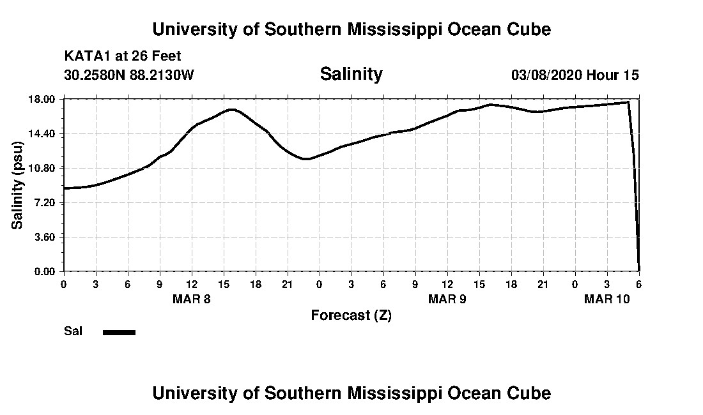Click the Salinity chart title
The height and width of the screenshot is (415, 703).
(351, 74)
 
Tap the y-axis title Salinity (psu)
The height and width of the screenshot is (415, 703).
(18, 185)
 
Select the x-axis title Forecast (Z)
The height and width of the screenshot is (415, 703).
(351, 315)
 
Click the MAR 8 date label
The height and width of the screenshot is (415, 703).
(192, 299)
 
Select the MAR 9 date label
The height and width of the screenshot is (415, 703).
(447, 299)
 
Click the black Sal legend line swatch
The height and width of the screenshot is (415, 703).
(119, 332)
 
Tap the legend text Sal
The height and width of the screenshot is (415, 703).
(72, 331)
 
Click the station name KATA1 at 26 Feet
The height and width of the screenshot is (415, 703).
(123, 56)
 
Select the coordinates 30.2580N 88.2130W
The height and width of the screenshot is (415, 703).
(129, 75)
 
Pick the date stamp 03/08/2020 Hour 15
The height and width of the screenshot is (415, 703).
(575, 75)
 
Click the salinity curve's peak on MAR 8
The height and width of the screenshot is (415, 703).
(231, 109)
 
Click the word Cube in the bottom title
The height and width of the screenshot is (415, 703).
(530, 393)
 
